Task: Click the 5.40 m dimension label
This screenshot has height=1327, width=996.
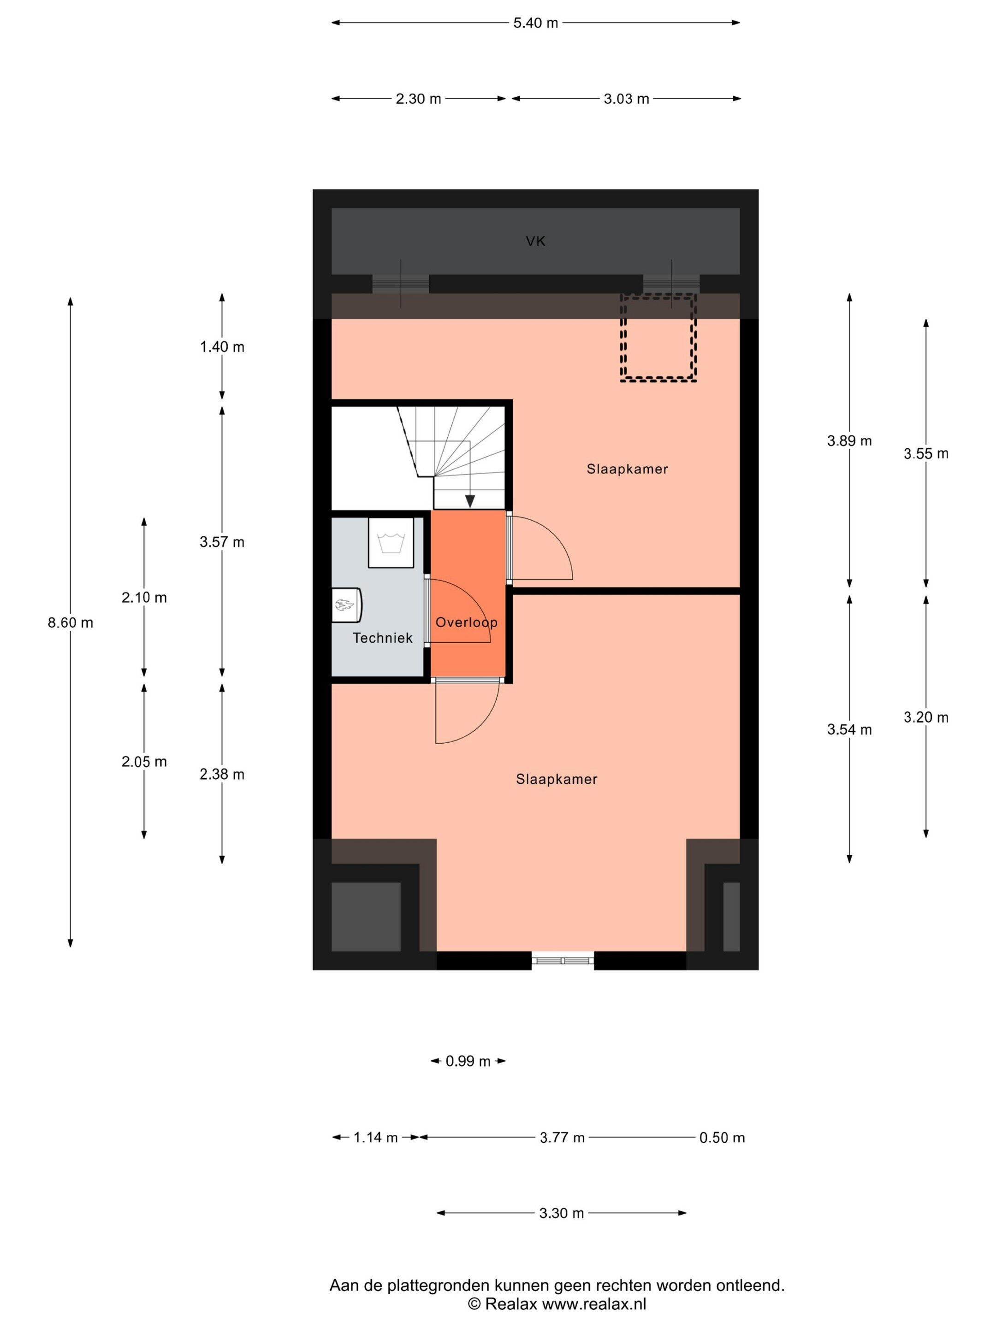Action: [535, 23]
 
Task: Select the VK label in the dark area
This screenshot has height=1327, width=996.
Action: [535, 241]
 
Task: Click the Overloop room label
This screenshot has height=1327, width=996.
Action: [467, 622]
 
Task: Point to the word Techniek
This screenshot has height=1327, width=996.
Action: [382, 638]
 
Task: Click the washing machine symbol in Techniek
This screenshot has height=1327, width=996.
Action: [391, 542]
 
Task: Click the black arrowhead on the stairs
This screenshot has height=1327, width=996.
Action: [470, 501]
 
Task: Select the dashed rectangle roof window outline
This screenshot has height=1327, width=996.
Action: [658, 338]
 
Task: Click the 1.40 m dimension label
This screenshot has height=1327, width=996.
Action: [222, 347]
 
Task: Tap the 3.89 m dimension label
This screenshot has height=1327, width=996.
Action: [849, 441]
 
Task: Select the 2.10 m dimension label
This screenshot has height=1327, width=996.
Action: [144, 598]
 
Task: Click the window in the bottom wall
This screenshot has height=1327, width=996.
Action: [563, 960]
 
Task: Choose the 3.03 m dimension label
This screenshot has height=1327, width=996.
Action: [626, 99]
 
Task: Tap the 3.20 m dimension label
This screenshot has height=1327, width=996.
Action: [926, 717]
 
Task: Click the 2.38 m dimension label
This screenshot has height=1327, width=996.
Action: [222, 775]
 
